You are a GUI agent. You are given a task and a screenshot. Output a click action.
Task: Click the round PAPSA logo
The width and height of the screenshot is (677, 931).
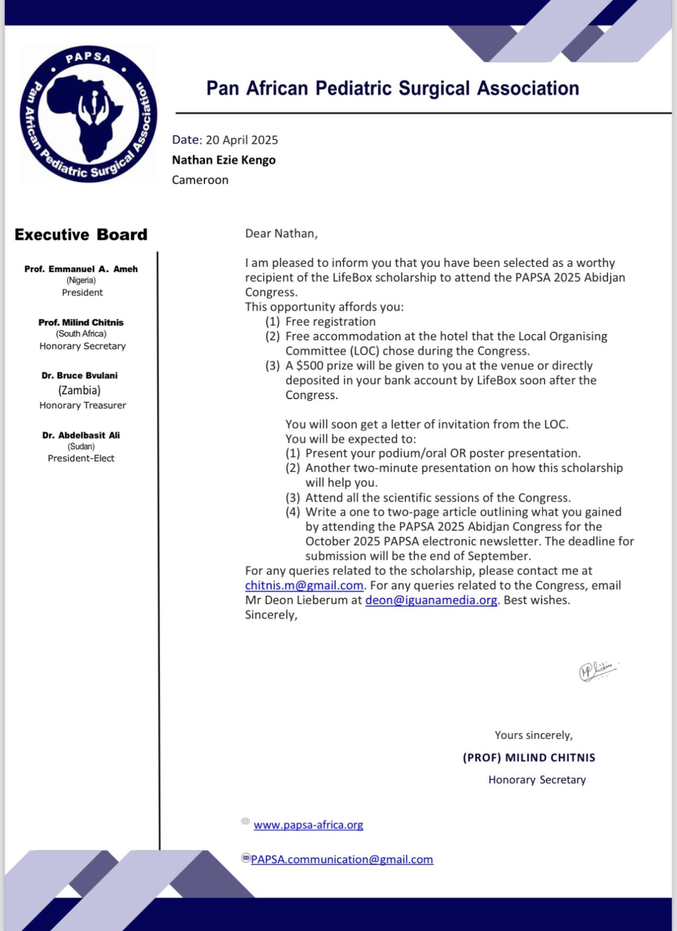coord(88,114)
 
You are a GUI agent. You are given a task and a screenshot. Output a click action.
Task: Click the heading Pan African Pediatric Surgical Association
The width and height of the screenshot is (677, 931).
coord(392,88)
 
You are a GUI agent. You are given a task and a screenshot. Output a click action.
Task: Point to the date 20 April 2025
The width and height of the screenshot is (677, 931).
coord(242,140)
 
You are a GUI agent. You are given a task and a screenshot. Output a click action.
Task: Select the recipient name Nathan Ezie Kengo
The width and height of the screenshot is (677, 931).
coord(224,160)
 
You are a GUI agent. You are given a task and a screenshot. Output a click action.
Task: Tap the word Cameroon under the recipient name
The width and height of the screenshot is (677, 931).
coord(200,180)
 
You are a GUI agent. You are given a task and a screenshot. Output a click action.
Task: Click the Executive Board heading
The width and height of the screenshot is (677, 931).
coord(81,234)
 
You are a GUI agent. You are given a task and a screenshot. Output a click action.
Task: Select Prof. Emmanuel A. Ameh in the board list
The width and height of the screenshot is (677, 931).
coord(81,269)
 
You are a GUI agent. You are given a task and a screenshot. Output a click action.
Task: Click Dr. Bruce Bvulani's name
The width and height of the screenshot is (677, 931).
coord(80,375)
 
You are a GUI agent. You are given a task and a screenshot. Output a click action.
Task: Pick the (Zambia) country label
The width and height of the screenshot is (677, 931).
coord(79,390)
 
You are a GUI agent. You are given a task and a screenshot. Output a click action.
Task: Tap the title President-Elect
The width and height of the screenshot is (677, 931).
coord(81,458)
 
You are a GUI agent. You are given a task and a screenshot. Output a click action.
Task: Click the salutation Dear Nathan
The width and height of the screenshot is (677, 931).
coord(281,234)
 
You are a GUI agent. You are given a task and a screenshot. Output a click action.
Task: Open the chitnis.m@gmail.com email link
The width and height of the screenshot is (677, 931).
coord(304,586)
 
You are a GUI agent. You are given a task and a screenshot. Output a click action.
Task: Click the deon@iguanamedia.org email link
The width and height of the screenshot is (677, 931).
coord(431,601)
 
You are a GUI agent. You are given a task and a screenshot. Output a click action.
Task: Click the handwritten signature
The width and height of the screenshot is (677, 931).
coord(598,670)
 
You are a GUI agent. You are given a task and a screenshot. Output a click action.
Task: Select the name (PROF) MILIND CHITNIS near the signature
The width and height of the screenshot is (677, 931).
coord(529,758)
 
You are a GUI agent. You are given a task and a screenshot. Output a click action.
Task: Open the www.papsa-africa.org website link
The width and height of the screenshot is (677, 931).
coord(308,825)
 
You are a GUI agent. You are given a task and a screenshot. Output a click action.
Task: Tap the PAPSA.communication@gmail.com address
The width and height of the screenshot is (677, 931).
coord(342,860)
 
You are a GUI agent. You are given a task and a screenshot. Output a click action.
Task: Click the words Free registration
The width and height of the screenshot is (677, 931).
coord(331,321)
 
